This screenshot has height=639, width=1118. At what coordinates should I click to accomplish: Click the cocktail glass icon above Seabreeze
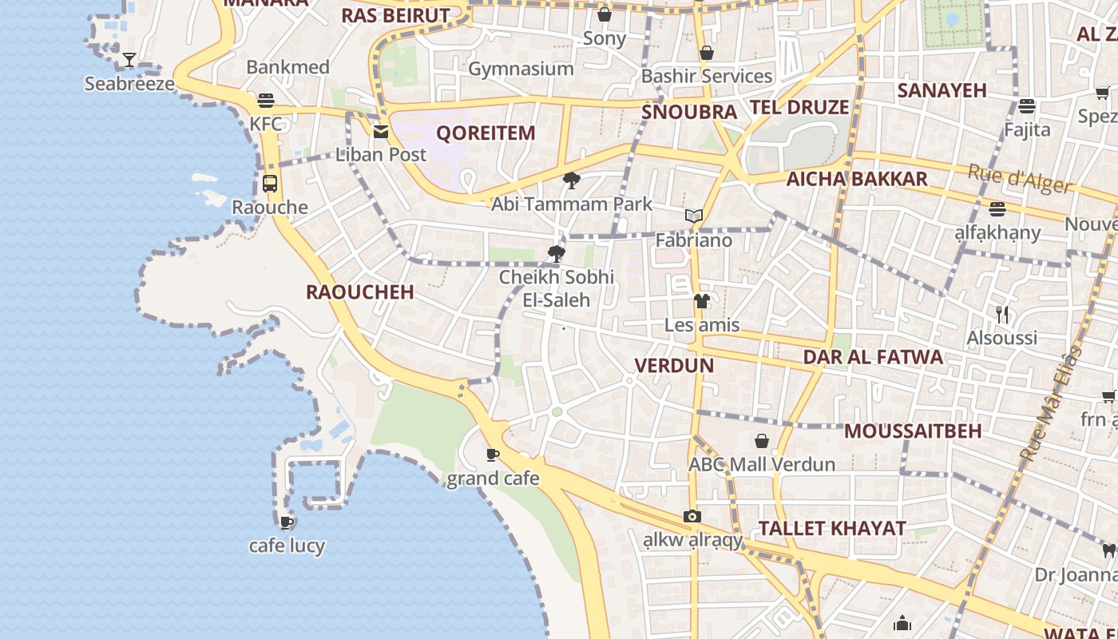click(x=129, y=60)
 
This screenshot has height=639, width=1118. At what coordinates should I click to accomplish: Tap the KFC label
click(x=266, y=124)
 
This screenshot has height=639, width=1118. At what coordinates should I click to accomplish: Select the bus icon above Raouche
click(x=270, y=183)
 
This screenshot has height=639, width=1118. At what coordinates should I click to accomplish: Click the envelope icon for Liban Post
click(x=381, y=132)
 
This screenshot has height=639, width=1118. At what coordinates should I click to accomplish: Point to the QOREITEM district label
click(x=486, y=133)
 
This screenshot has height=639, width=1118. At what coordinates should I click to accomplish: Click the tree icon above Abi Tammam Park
click(x=571, y=181)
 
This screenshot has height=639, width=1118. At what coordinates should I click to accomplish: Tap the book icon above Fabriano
click(x=693, y=216)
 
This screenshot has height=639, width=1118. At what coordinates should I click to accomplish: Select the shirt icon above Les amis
click(x=701, y=301)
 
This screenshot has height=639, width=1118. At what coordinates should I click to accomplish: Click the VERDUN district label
click(x=673, y=365)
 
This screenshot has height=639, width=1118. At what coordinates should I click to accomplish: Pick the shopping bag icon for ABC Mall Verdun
click(x=762, y=441)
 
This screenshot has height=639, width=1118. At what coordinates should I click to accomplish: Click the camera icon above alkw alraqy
click(x=692, y=517)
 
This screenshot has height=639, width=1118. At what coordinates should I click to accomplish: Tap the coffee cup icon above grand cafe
click(x=493, y=455)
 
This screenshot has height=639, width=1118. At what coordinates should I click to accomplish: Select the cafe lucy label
click(x=287, y=546)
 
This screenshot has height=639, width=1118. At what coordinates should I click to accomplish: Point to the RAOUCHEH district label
click(x=359, y=292)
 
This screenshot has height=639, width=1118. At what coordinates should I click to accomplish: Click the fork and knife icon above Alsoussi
click(x=1002, y=315)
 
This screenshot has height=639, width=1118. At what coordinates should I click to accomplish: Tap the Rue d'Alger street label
click(x=1019, y=179)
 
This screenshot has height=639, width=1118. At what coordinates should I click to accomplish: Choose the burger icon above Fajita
click(x=1027, y=105)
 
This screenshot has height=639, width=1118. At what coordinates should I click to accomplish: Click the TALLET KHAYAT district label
click(x=832, y=528)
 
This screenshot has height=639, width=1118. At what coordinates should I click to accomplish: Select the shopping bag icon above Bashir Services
click(x=706, y=53)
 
